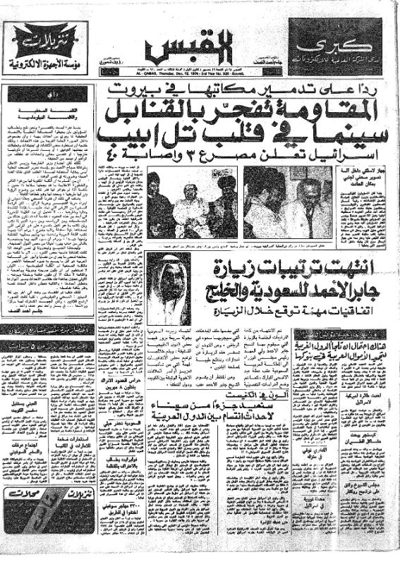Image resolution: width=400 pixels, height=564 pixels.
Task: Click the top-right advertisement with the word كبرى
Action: (335, 47)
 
